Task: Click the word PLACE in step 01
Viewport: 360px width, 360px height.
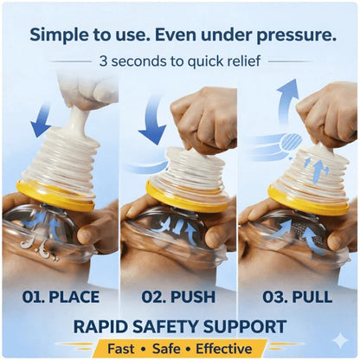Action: pos(74,297)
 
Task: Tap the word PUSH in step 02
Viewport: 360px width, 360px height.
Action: pos(193,297)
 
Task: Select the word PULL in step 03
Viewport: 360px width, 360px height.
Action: pos(312,297)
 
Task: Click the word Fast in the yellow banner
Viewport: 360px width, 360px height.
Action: pos(121,349)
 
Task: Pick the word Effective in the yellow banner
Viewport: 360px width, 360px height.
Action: pos(224,349)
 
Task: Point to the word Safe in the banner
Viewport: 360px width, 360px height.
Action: pos(167,349)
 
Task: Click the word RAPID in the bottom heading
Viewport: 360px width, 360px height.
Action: pos(100,326)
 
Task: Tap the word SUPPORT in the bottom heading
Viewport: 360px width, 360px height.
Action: pos(245,326)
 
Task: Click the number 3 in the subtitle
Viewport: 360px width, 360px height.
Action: pos(103,61)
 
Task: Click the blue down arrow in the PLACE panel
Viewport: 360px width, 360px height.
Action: pos(41,121)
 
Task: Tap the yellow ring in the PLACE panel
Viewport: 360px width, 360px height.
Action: pos(54,196)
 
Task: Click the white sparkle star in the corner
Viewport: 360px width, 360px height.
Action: pos(340,340)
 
